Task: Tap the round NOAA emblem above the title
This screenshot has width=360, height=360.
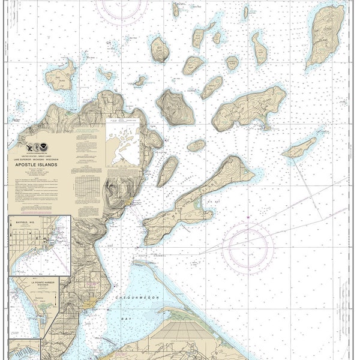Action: pos(38,146)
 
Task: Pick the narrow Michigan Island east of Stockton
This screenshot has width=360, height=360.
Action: pos(299,147)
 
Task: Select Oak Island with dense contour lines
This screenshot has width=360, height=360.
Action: pos(175,107)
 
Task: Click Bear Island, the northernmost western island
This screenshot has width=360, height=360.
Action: pos(159,49)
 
